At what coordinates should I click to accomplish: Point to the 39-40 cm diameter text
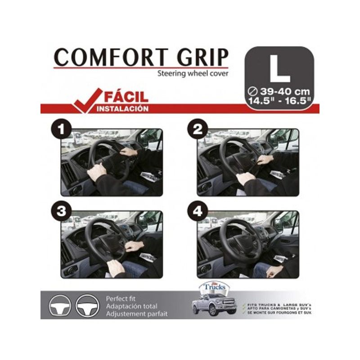pyautogui.click(x=283, y=92)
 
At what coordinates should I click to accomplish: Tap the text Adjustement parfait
pyautogui.click(x=137, y=314)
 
